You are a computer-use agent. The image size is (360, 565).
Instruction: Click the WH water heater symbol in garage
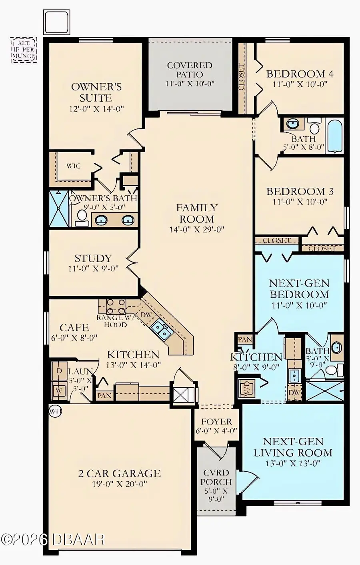[x=55, y=411]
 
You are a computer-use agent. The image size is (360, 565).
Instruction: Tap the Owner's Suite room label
[x=96, y=92]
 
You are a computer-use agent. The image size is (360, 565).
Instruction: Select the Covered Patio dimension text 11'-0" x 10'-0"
[x=190, y=84]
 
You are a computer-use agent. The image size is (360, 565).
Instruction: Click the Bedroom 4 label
[x=300, y=74]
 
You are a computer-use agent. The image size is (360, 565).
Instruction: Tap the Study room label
[x=93, y=258]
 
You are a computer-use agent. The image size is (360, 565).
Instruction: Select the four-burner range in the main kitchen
[x=116, y=307]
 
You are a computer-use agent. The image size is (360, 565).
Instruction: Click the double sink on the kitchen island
[x=161, y=330]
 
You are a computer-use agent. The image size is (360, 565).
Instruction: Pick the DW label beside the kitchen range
[x=146, y=315]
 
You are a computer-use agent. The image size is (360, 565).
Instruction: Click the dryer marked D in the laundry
[x=59, y=371]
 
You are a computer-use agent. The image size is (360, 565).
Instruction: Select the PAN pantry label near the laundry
[x=104, y=395]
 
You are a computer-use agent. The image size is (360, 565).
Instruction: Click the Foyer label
[x=216, y=422]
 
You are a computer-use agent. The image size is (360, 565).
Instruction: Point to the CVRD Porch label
[x=216, y=477]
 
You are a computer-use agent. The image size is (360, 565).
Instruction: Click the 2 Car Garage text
[x=119, y=474]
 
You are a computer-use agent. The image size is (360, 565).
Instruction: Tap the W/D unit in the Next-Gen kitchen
[x=246, y=388]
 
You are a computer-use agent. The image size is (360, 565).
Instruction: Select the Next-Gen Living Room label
[x=293, y=447]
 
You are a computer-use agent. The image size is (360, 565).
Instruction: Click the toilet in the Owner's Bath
[x=82, y=216]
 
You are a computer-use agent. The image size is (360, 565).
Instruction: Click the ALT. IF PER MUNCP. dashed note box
[x=24, y=50]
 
